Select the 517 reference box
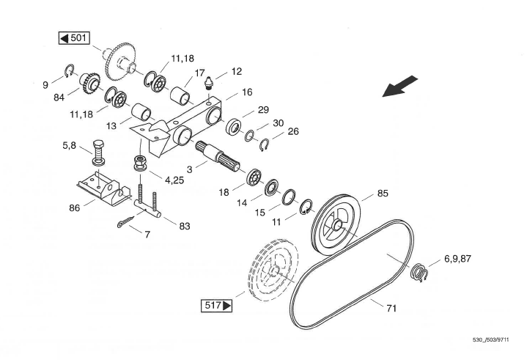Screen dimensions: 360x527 pyautogui.click(x=215, y=303)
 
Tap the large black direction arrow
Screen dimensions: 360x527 pyautogui.click(x=401, y=86)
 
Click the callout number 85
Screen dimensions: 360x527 pyautogui.click(x=383, y=194)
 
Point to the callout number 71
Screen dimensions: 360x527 pyautogui.click(x=391, y=309)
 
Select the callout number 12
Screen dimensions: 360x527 pyautogui.click(x=236, y=72)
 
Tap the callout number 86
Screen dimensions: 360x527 pyautogui.click(x=74, y=208)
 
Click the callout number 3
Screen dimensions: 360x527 pyautogui.click(x=190, y=169)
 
